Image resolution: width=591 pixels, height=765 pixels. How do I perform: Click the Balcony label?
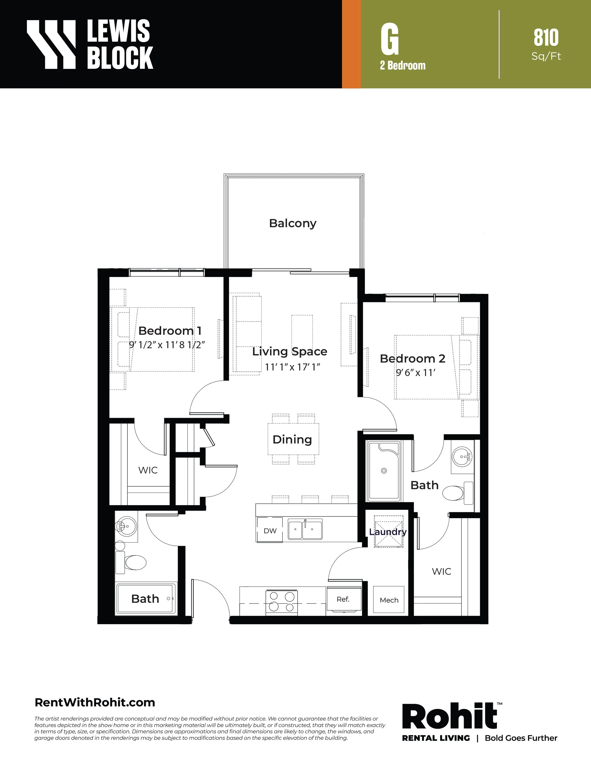(293, 223)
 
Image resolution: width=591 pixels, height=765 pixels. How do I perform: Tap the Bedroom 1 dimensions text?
(167, 345)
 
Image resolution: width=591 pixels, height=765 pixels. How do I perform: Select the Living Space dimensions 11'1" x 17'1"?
(292, 367)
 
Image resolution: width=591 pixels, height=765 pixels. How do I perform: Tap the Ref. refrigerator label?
(343, 599)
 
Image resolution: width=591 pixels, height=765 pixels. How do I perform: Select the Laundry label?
(388, 532)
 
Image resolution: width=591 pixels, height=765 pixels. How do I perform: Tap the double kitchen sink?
(305, 529)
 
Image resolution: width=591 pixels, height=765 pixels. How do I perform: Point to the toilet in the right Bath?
(458, 493)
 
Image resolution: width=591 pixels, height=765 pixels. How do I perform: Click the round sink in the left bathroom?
(126, 526)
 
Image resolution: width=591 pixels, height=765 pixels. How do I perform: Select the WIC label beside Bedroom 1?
(148, 470)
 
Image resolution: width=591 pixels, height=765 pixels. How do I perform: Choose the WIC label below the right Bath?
(442, 571)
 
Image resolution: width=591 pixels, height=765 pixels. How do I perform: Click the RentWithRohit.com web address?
(95, 702)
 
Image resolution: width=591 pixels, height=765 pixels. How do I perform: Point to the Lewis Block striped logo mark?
(51, 44)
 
